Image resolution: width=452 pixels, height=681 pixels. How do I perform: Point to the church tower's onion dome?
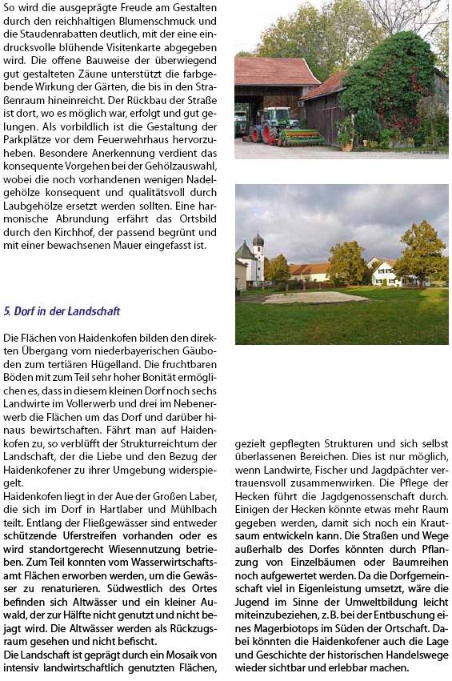tap(258, 239)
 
